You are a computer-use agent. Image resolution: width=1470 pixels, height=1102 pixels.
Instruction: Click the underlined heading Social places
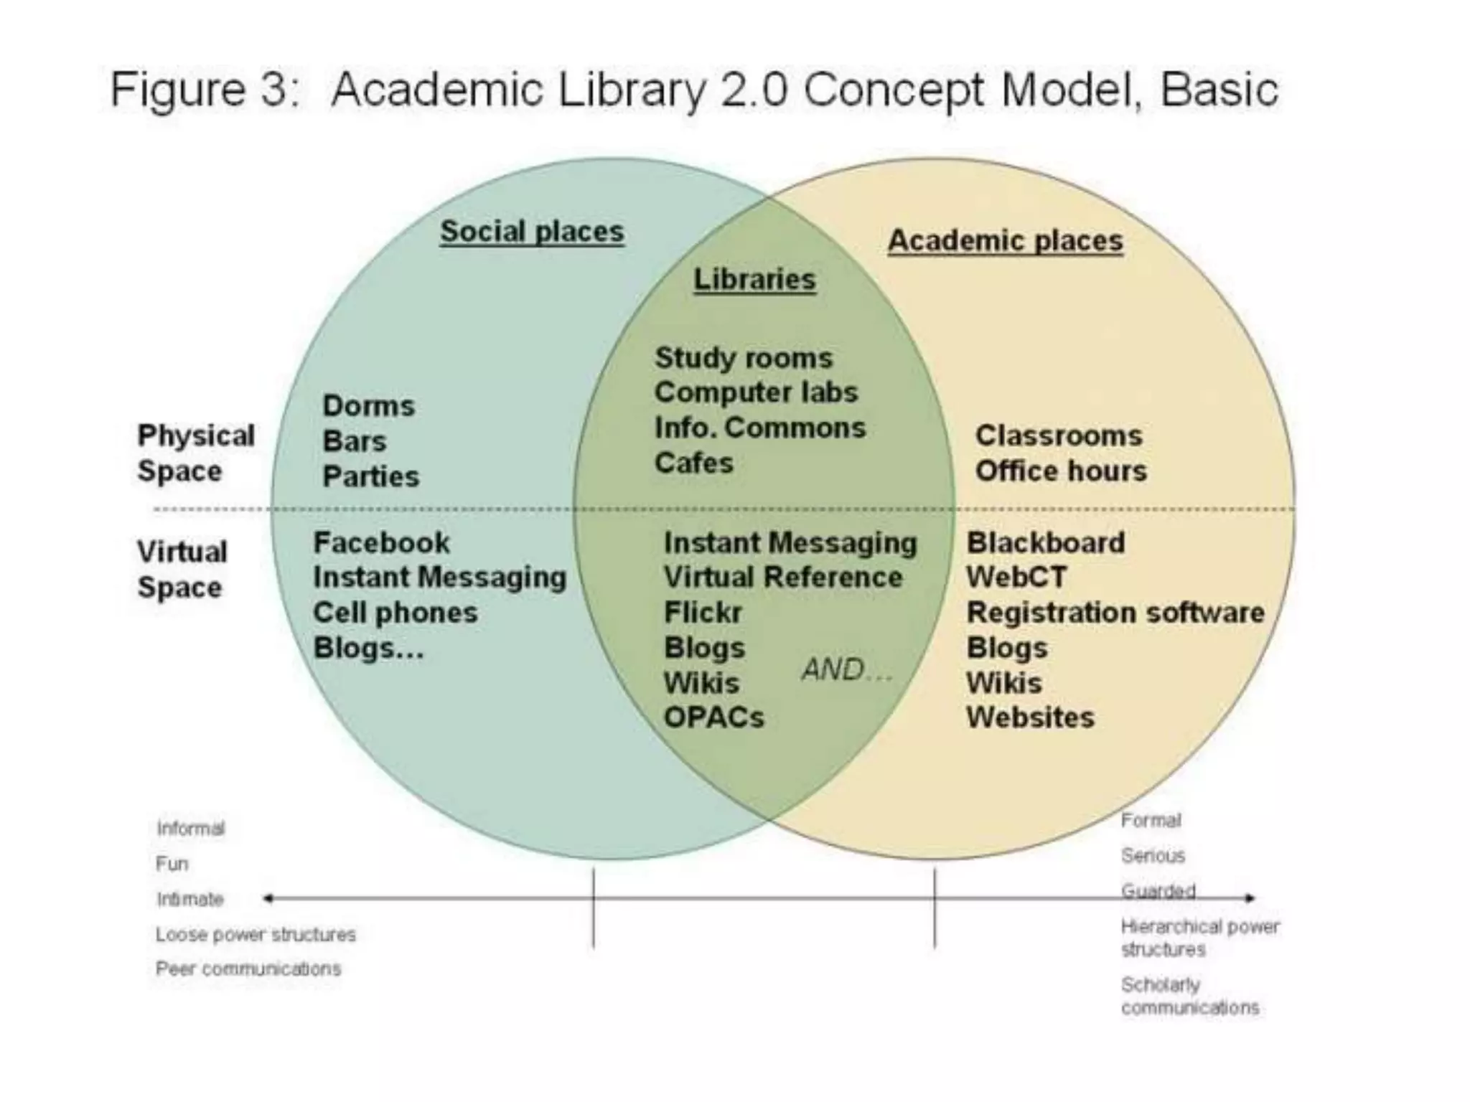click(532, 232)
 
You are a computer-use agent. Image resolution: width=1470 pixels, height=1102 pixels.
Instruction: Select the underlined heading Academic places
click(1005, 241)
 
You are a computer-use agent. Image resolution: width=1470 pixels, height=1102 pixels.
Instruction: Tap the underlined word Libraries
click(754, 279)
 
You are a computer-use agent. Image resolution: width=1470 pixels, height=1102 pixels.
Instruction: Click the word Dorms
click(368, 406)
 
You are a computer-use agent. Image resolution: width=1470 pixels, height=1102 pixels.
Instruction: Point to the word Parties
click(370, 476)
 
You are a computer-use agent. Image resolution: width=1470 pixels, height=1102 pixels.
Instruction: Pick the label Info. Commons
click(759, 428)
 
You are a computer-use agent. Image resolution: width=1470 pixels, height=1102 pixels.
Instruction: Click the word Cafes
click(693, 463)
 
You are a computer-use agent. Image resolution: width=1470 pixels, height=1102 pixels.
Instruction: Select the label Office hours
click(1060, 471)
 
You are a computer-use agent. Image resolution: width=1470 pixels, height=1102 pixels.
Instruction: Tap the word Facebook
click(381, 542)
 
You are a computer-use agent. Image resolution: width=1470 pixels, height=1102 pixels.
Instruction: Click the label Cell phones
click(395, 613)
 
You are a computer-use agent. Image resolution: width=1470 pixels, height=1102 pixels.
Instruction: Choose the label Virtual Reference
click(782, 578)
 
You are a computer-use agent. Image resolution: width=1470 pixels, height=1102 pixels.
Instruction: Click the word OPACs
click(713, 717)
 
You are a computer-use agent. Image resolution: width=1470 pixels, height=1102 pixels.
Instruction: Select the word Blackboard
click(1045, 543)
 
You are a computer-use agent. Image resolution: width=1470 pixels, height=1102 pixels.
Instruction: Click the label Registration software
click(1115, 613)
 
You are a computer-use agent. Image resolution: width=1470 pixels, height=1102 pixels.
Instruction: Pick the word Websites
click(1030, 717)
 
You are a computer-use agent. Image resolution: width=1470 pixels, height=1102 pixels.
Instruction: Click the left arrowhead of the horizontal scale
click(268, 898)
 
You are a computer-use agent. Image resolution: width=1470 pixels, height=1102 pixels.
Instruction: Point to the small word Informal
click(190, 829)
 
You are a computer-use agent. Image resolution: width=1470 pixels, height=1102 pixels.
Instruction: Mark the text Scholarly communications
click(1189, 996)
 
